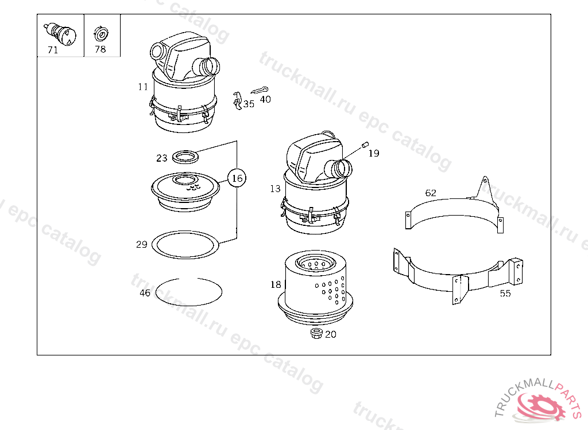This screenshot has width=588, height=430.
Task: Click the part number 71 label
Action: (x=53, y=50)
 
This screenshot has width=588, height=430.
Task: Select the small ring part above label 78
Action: (x=100, y=34)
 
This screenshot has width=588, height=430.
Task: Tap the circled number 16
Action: (x=237, y=178)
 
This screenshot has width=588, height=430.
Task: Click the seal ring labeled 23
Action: (x=185, y=157)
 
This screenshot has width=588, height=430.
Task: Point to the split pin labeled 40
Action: (x=259, y=90)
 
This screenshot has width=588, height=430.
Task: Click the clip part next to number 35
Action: (x=237, y=100)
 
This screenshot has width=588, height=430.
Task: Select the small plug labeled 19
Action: (x=365, y=144)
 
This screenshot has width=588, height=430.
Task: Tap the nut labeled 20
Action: (x=317, y=333)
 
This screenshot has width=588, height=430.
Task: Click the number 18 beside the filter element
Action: (x=276, y=285)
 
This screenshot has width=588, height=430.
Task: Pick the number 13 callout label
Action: (x=275, y=189)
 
